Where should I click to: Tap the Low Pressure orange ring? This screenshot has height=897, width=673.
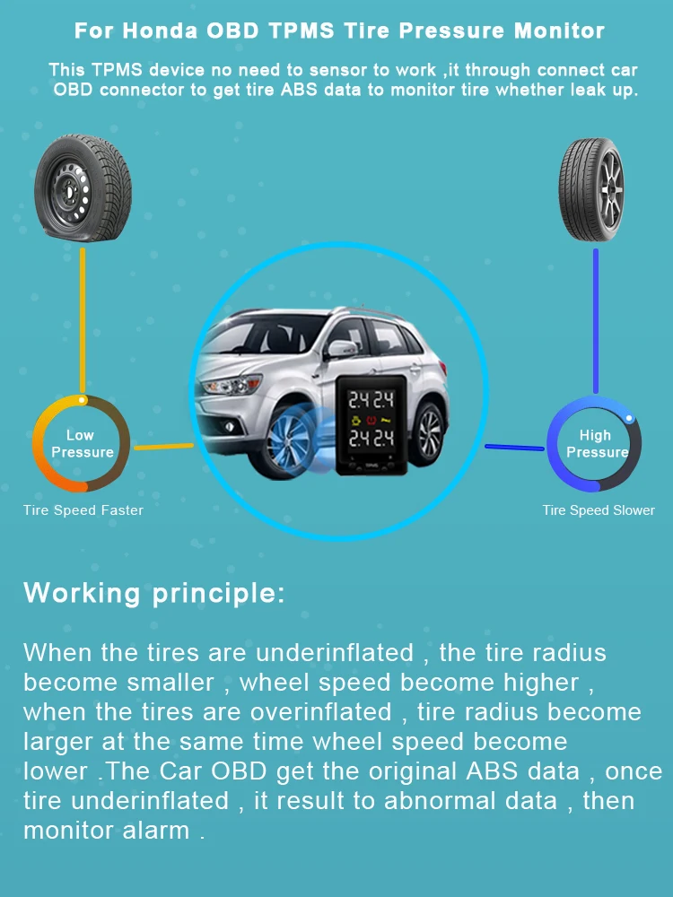click(82, 444)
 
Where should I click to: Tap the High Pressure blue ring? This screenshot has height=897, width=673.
click(594, 444)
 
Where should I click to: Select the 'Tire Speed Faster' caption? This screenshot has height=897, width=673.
click(83, 510)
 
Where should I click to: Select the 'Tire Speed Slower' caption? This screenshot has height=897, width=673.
click(599, 510)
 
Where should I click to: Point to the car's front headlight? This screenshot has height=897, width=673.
click(221, 388)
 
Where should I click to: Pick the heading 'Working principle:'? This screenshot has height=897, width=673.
click(153, 593)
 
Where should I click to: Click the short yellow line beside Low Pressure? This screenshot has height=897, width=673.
click(162, 446)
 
